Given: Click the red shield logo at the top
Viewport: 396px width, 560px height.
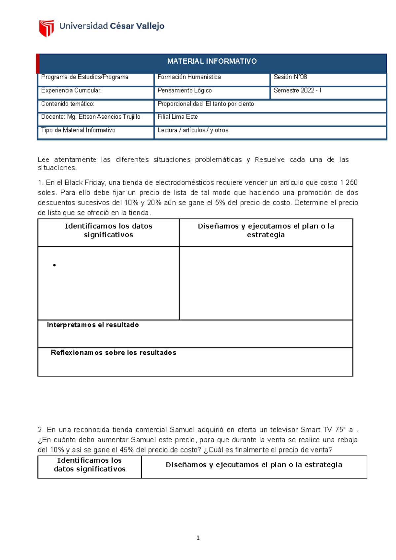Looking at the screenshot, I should [x=46, y=28].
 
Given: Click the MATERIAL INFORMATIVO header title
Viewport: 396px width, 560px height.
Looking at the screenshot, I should [x=212, y=61].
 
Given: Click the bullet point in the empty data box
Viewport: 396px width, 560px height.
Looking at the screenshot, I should [x=54, y=265].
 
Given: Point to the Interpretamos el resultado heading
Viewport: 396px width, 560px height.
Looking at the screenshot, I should [x=93, y=325].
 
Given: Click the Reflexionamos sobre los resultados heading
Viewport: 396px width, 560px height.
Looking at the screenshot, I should [x=113, y=353].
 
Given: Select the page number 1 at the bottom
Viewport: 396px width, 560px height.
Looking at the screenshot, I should [x=198, y=538].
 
